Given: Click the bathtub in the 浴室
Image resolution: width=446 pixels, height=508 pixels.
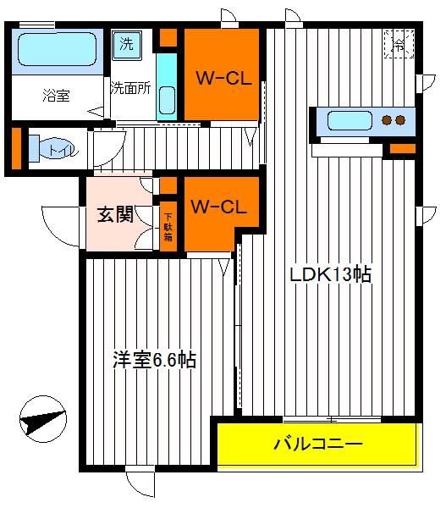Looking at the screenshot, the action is pos(57,50).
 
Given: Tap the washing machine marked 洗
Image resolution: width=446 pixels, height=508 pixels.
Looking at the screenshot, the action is pos(127,46).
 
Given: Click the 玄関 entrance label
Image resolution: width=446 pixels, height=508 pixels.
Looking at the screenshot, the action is pos(115,214).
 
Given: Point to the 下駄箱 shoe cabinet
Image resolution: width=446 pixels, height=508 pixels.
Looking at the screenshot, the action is pos(168,227).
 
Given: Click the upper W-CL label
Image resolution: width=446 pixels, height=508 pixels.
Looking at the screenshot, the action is pos(223,78).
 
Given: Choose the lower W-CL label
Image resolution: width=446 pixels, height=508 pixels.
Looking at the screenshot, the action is pos(218,207).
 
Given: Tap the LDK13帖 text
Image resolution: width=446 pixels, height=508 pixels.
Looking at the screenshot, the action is pos(330,274).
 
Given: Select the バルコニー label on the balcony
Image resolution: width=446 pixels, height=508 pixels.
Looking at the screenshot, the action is pos(317,444).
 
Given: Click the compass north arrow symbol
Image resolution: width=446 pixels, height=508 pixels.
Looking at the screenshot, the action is pos(43,419).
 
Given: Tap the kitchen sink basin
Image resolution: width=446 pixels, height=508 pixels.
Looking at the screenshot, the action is pos(350,121).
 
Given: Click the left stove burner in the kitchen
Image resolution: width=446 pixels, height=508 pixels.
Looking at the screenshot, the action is pos(387,120).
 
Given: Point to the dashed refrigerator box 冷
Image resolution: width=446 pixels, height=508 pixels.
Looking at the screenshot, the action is pos(399,44).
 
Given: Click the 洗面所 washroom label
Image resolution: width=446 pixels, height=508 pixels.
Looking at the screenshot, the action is pos(131,88).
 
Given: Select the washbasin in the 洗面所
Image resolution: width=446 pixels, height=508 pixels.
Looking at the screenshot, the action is pos(167,101).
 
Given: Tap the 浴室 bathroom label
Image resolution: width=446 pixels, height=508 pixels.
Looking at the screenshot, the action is pos(56,96).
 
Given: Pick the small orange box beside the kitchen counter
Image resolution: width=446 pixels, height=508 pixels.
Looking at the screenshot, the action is pos(403,148).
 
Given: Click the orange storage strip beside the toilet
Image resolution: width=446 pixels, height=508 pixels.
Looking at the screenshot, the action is pos(17,148).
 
